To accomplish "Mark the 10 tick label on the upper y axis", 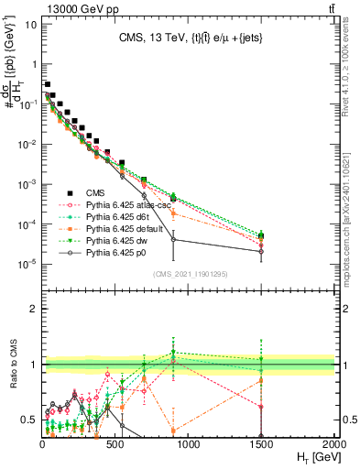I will click(30, 25).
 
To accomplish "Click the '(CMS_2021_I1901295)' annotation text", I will click(189, 273).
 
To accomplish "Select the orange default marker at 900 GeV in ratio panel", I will click(174, 430).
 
